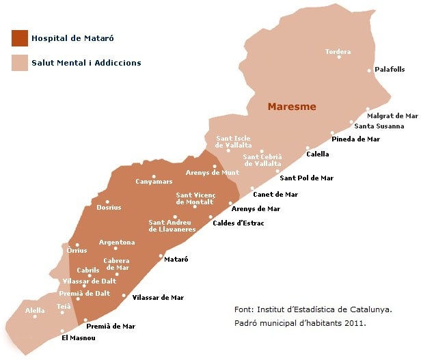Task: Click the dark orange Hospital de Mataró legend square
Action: [19, 38]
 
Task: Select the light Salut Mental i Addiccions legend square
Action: [19, 63]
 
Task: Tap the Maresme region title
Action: [292, 107]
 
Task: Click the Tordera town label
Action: [338, 52]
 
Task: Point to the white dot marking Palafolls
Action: [369, 70]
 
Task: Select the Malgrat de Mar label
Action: [392, 116]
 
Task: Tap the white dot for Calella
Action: [308, 148]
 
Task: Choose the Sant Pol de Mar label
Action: [307, 178]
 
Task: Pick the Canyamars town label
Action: [154, 182]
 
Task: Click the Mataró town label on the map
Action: [176, 260]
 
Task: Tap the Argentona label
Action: [117, 243]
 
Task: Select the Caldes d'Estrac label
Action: [239, 223]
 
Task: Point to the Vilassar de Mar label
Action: [157, 298]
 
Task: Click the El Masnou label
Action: [79, 338]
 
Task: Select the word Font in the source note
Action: [243, 309]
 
